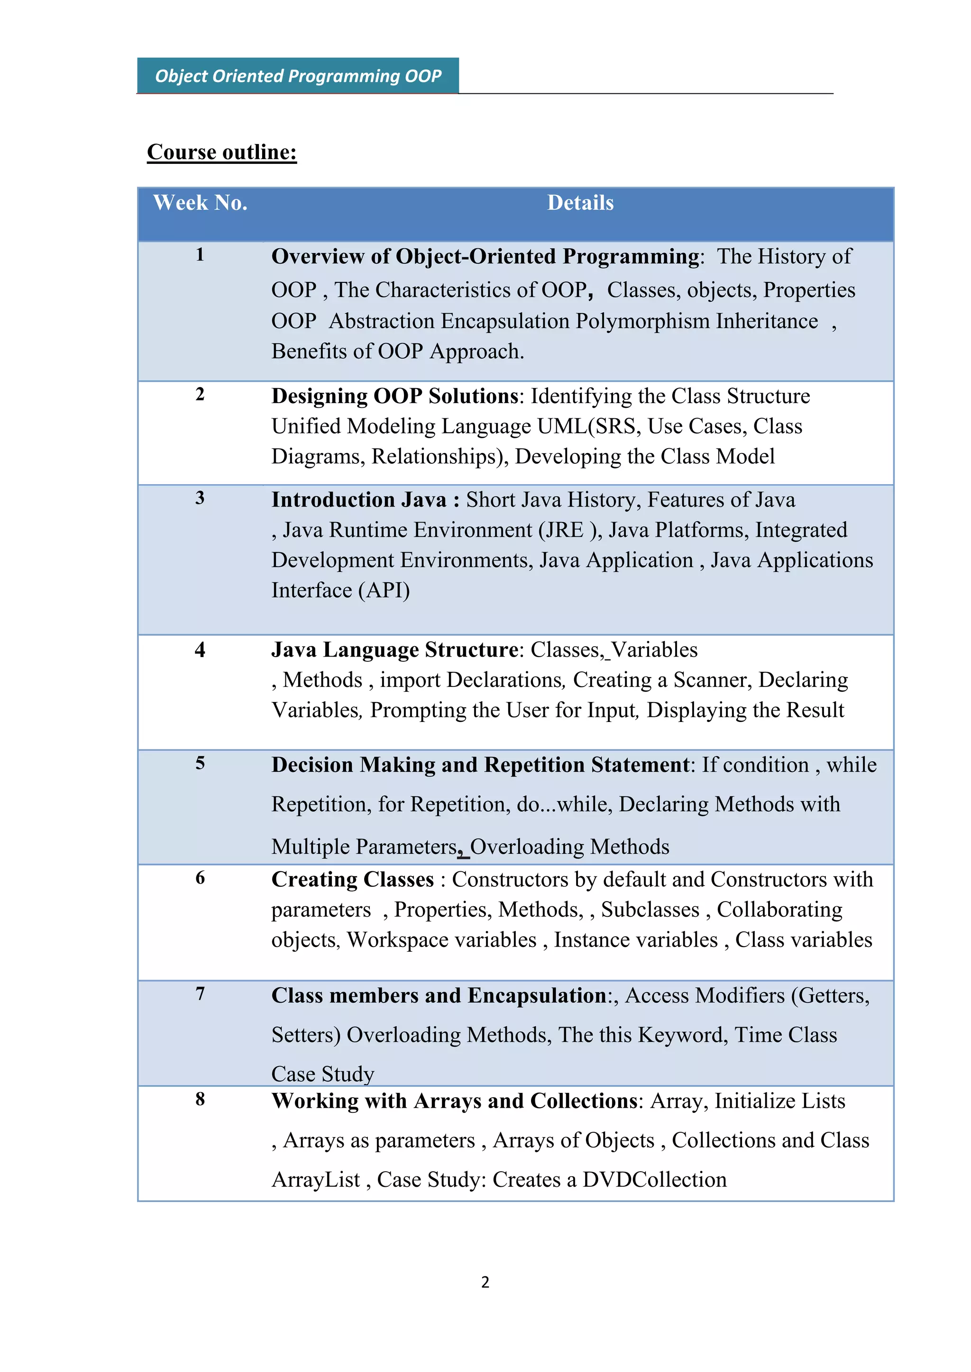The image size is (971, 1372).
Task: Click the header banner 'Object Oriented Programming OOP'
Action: [x=298, y=76]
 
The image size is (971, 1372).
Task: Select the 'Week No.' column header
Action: [x=200, y=203]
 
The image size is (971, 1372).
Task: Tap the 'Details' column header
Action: [x=580, y=203]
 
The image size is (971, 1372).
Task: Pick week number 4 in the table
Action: [x=200, y=650]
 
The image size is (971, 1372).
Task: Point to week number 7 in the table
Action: [x=200, y=994]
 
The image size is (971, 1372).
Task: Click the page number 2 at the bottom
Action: [x=485, y=1282]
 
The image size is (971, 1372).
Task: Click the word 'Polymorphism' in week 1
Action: [x=643, y=322]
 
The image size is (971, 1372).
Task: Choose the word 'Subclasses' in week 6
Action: [x=650, y=910]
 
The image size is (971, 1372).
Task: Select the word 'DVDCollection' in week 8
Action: [x=655, y=1180]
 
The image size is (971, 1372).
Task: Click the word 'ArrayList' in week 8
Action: [x=316, y=1180]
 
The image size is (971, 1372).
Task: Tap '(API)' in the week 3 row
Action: [x=384, y=591]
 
